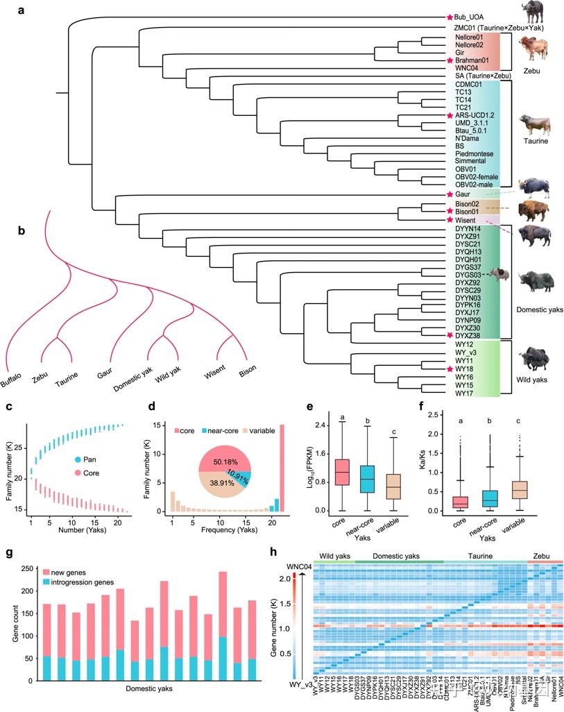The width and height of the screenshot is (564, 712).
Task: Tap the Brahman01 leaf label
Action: pos(471,60)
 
